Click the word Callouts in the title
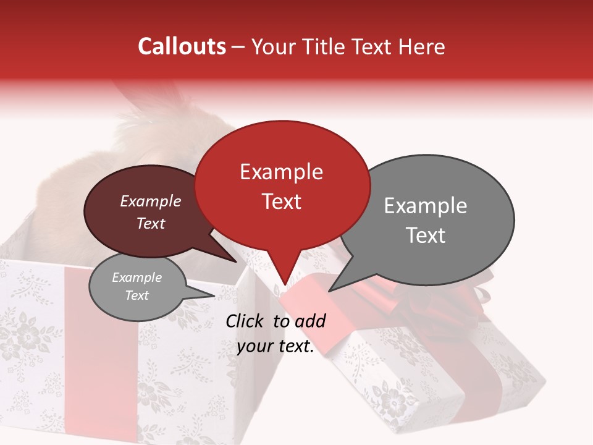(182, 46)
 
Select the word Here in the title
(420, 46)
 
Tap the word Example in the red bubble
(281, 172)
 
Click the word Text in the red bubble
(281, 201)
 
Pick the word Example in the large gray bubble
(426, 206)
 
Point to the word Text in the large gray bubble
(426, 235)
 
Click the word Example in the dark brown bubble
(150, 201)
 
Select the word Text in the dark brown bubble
(150, 223)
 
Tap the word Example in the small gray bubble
(137, 278)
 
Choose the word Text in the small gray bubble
(137, 295)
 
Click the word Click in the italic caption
(246, 321)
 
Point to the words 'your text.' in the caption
(275, 347)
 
